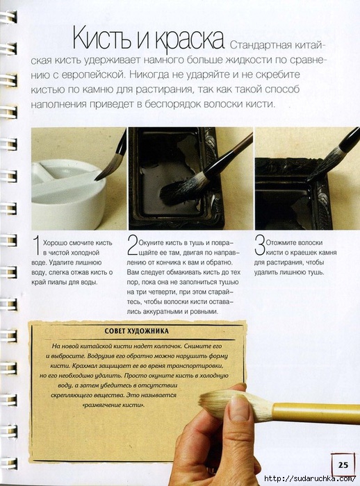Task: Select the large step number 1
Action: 37,246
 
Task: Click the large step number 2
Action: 133,246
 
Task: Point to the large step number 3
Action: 259,246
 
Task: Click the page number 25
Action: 343,464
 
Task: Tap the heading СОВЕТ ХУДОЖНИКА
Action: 136,331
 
